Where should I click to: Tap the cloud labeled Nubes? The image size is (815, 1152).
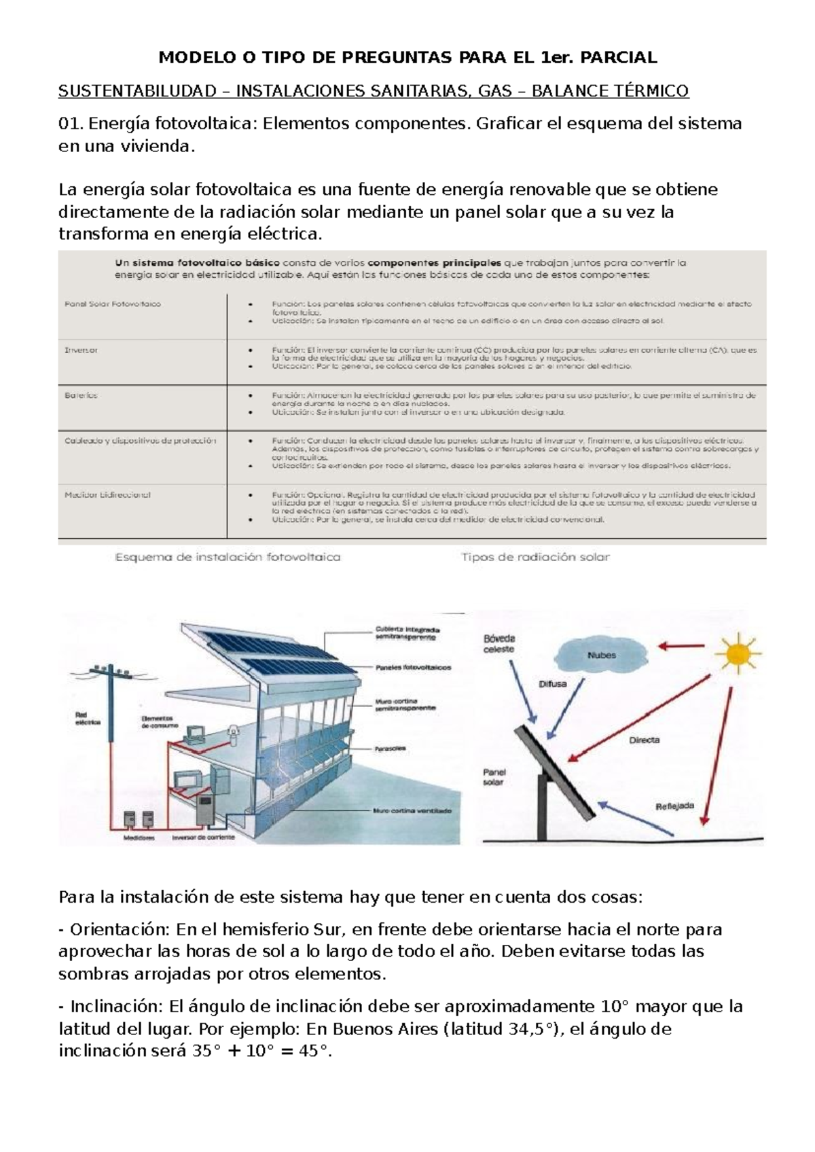coord(600,655)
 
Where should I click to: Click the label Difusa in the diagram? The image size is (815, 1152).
coord(552,684)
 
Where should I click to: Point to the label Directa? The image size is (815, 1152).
coord(644,740)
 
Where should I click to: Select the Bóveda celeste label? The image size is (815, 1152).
coord(499,643)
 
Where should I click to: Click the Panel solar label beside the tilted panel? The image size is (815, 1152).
coord(494,777)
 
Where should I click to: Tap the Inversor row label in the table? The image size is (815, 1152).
coord(81,350)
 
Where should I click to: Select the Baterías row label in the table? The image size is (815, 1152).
coord(81,395)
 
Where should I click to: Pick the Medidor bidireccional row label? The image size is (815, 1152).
coord(107,494)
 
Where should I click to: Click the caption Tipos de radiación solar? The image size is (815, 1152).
coord(535,557)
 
